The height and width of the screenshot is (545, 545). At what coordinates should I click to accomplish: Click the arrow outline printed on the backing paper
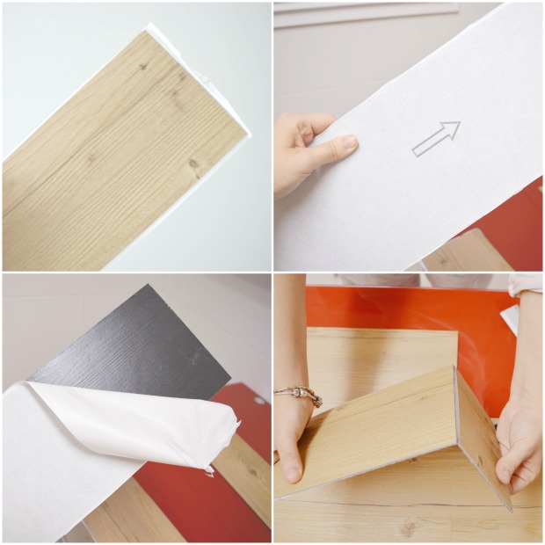click(x=436, y=138)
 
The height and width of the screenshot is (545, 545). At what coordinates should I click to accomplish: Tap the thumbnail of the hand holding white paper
click(x=408, y=136)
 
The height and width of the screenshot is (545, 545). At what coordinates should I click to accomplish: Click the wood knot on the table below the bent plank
click(x=407, y=527)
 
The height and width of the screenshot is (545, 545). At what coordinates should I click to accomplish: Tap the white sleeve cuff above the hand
click(x=525, y=285)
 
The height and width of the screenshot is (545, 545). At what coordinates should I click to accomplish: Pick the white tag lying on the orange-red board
click(x=509, y=320)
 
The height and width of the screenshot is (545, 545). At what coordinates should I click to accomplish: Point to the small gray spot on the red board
click(x=259, y=400)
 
